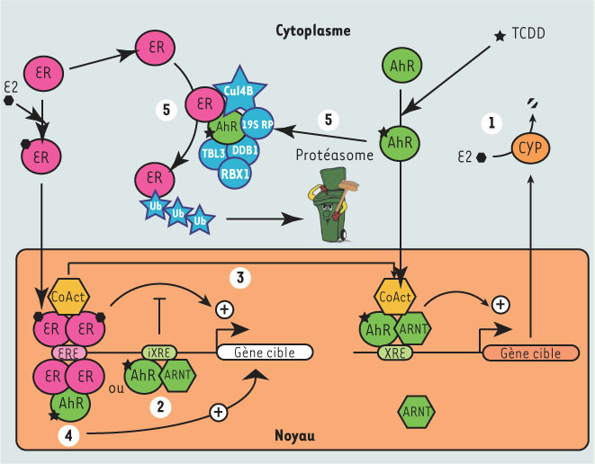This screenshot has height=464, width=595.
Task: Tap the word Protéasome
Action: (333, 156)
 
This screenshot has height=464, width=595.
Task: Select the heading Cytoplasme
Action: (312, 31)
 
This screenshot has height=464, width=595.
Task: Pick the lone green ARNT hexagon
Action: (417, 412)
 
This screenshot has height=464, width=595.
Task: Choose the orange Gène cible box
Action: (528, 353)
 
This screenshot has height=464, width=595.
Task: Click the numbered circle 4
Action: (68, 434)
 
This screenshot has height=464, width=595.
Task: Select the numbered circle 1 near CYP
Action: (491, 120)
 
